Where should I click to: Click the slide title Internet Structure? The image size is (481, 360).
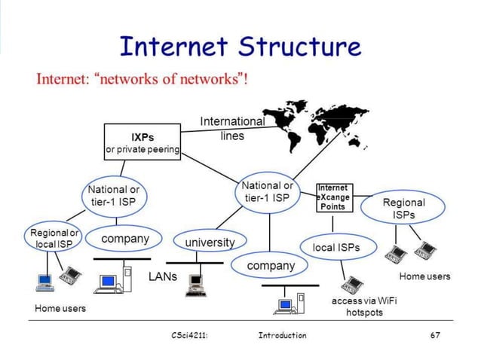pos(240,47)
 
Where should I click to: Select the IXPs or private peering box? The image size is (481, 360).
pos(142,143)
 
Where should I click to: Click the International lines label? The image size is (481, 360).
pos(232,128)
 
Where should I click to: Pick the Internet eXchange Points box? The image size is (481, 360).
pos(332,197)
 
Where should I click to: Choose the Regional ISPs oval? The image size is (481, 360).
pos(404,209)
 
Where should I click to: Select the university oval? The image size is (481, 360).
pos(210,243)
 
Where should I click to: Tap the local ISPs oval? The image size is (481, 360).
pos(336,246)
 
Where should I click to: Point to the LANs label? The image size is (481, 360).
pos(162,276)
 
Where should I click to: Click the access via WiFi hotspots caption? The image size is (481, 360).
pos(364,307)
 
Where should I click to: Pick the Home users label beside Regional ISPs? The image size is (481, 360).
pos(424,276)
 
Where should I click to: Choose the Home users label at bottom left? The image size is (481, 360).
pos(60,308)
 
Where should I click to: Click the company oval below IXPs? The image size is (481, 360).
pos(126,239)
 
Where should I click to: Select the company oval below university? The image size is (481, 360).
pos(271,266)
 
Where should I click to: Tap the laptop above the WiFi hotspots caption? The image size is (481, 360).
pos(351,284)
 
